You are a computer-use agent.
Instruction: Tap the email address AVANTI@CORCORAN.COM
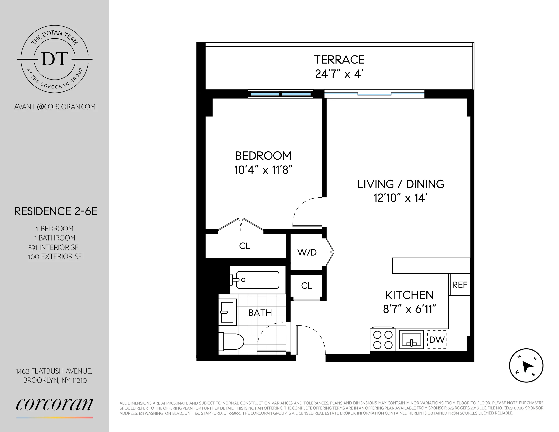pyautogui.click(x=55, y=107)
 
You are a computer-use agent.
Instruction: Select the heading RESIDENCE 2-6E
pyautogui.click(x=56, y=211)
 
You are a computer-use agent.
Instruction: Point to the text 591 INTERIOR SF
pyautogui.click(x=53, y=247)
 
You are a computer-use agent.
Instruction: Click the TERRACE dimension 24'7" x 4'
pyautogui.click(x=339, y=74)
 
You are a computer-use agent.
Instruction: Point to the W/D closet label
pyautogui.click(x=307, y=253)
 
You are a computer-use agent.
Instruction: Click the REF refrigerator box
pyautogui.click(x=460, y=285)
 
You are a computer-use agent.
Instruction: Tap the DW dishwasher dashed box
pyautogui.click(x=437, y=340)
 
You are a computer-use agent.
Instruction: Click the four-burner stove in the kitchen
pyautogui.click(x=383, y=340)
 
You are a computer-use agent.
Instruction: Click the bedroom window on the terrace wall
pyautogui.click(x=281, y=94)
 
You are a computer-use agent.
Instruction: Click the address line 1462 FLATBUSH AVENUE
pyautogui.click(x=54, y=371)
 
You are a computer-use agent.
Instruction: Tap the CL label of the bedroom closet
pyautogui.click(x=245, y=246)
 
